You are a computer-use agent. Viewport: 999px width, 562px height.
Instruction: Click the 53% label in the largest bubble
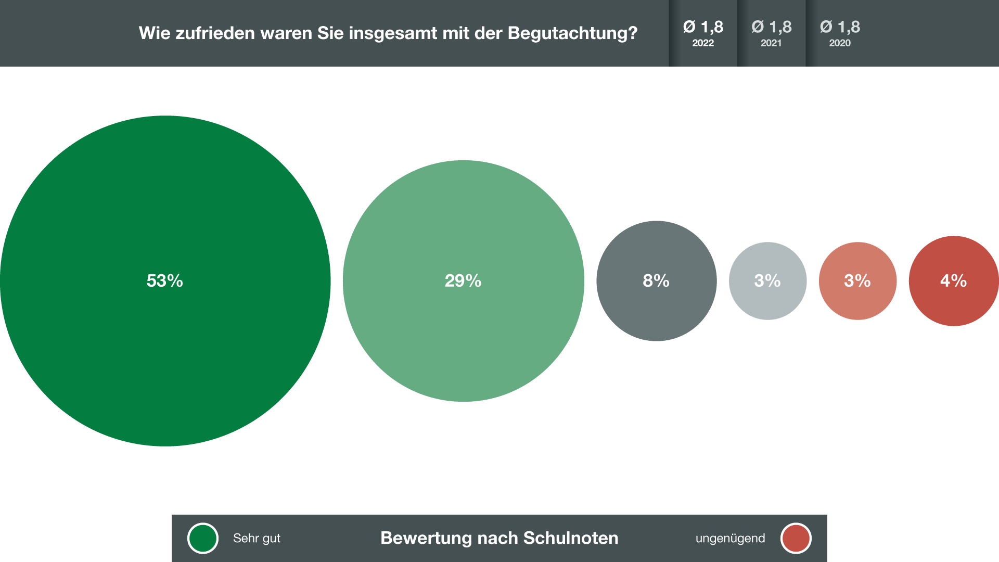pyautogui.click(x=164, y=281)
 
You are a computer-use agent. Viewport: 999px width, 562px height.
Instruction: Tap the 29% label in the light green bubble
pyautogui.click(x=463, y=281)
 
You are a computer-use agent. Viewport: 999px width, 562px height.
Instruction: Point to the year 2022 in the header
pyautogui.click(x=702, y=43)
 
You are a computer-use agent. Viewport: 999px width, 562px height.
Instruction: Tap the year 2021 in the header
pyautogui.click(x=771, y=43)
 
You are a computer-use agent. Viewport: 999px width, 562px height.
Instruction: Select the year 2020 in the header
pyautogui.click(x=840, y=43)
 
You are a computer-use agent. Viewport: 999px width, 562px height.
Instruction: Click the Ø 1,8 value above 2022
pyautogui.click(x=703, y=27)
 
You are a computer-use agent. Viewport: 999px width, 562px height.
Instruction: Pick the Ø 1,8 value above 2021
pyautogui.click(x=771, y=27)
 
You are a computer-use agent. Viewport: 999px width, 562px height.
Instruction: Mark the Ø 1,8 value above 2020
pyautogui.click(x=840, y=27)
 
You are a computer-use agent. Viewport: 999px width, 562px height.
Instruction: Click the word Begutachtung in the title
pyautogui.click(x=572, y=33)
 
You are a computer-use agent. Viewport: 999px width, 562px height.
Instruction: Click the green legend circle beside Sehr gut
pyautogui.click(x=203, y=538)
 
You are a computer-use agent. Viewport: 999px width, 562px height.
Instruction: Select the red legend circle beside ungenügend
pyautogui.click(x=796, y=538)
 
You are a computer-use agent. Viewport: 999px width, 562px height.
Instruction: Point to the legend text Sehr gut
pyautogui.click(x=257, y=538)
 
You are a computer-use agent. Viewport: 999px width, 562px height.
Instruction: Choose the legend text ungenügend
pyautogui.click(x=730, y=538)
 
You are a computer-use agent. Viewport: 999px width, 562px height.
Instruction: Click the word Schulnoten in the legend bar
pyautogui.click(x=570, y=538)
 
